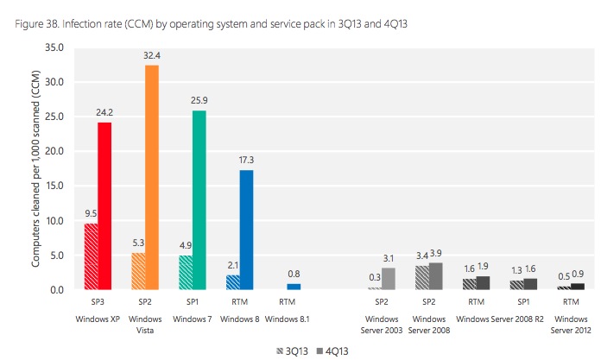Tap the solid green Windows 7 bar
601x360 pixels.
[x=198, y=199]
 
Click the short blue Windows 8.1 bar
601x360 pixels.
[x=293, y=287]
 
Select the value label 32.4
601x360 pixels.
[x=151, y=56]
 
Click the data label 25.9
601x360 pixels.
[x=198, y=101]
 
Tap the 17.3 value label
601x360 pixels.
[x=246, y=161]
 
